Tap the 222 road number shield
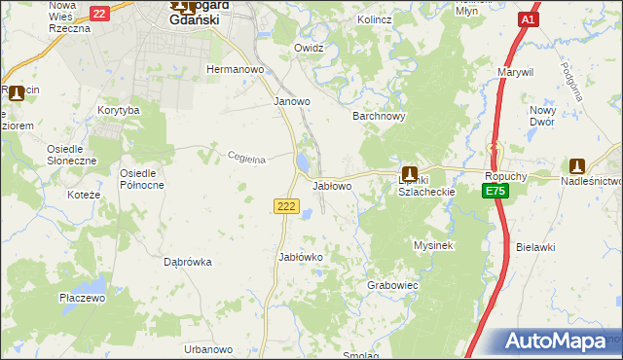point(285,205)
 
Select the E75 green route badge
point(495,192)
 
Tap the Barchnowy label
point(378,116)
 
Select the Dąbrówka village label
point(188,262)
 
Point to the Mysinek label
point(434,245)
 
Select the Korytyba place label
point(119,111)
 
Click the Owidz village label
point(309,48)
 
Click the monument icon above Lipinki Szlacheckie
point(410,167)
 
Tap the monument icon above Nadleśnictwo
point(577,166)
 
